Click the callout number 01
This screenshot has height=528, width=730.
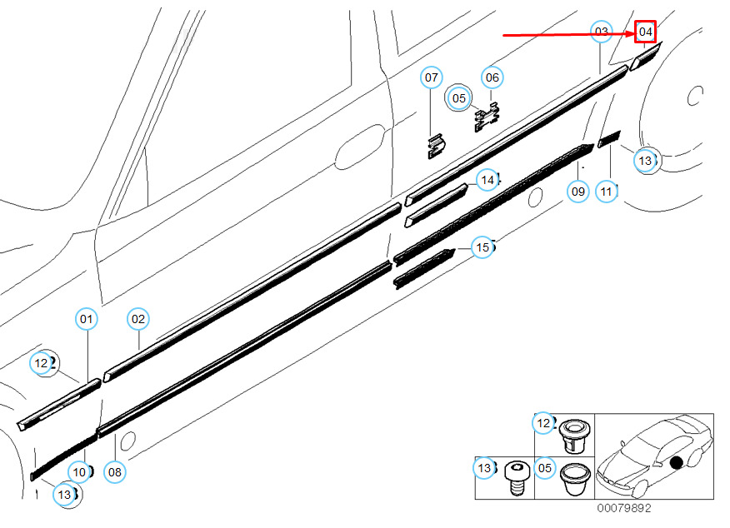tap(87, 318)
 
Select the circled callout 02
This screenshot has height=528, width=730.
tap(138, 318)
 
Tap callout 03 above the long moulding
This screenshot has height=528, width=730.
tap(601, 32)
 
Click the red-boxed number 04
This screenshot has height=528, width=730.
tap(646, 32)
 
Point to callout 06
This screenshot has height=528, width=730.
tap(492, 77)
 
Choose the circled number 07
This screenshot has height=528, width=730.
tap(431, 77)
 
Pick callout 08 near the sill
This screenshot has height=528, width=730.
tap(115, 472)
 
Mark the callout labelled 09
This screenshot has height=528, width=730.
tap(578, 192)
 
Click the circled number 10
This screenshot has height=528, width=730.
tap(79, 472)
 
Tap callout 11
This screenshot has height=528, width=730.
tap(606, 192)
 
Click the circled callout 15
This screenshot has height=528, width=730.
tap(482, 247)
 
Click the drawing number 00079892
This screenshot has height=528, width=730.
tap(623, 507)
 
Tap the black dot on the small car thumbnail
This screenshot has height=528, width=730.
tap(676, 463)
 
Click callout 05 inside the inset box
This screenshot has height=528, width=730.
tap(544, 469)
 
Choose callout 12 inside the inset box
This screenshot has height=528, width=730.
tap(544, 423)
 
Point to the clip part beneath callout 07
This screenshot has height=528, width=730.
tap(434, 147)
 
